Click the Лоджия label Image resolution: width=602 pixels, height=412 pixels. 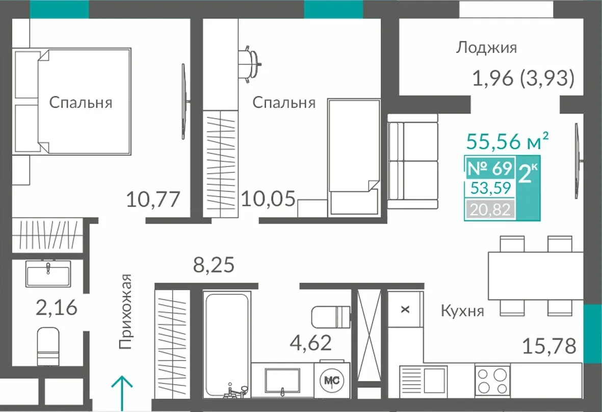tap(486, 48)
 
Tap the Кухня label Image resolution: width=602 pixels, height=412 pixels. tap(462, 311)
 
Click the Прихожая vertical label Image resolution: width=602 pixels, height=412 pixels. tap(125, 312)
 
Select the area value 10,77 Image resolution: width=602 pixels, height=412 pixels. tap(153, 200)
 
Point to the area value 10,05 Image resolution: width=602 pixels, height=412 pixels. tap(268, 199)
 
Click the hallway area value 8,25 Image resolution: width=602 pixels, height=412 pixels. tap(214, 265)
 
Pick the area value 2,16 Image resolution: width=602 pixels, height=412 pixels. tap(57, 308)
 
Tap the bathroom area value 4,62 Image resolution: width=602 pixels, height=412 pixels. tap(311, 343)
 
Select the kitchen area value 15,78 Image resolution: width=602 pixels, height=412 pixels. tap(549, 346)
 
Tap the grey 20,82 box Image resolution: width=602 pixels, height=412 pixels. tap(490, 210)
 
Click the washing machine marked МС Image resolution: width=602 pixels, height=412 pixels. tap(332, 380)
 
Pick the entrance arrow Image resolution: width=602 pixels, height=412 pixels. tap(122, 393)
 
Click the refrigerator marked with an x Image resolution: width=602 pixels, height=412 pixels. tap(405, 309)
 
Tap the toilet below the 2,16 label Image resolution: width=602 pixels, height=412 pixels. tap(48, 346)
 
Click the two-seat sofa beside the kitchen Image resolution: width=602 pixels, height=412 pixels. tap(413, 161)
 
